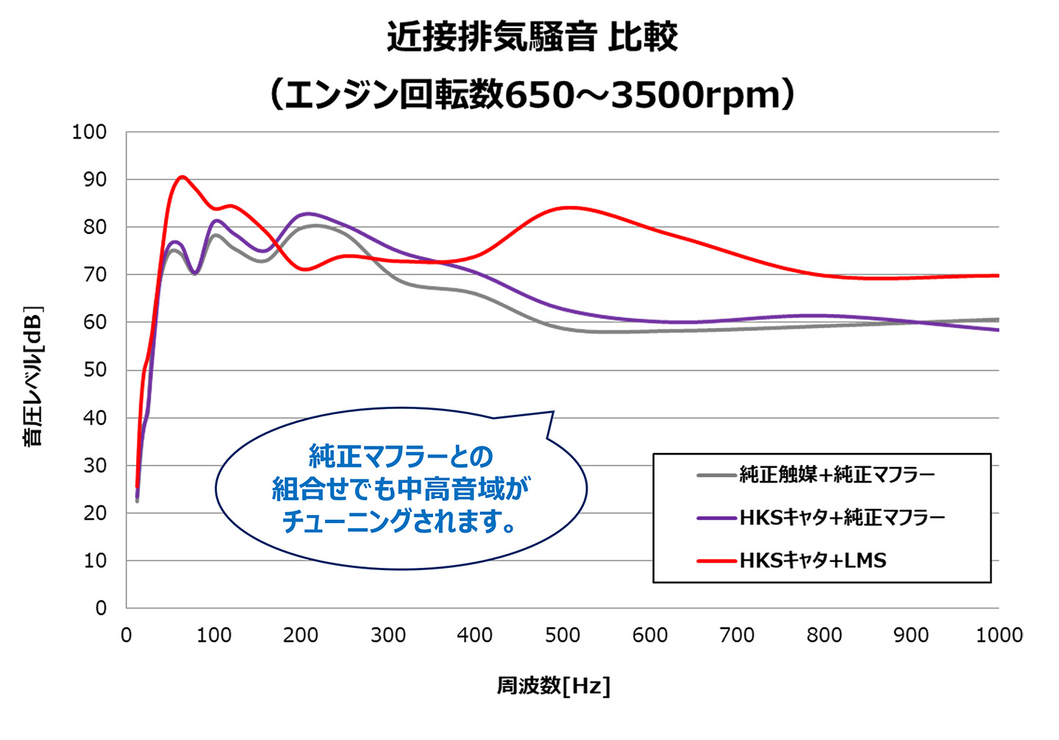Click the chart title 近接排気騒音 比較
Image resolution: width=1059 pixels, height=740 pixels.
click(x=532, y=37)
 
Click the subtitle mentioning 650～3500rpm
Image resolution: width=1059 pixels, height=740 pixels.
click(x=532, y=94)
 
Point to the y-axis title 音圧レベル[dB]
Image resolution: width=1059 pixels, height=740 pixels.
click(x=33, y=376)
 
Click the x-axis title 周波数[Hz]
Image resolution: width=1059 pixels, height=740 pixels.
click(x=553, y=686)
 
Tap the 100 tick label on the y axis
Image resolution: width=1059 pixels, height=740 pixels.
click(x=89, y=132)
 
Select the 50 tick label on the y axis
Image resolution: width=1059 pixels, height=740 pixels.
click(x=94, y=370)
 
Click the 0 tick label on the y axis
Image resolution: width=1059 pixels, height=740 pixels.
click(x=101, y=608)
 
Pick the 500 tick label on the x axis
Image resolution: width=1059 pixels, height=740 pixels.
click(x=563, y=635)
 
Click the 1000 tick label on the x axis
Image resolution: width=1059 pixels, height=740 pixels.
click(x=998, y=635)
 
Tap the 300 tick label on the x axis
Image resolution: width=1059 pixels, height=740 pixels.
click(x=388, y=635)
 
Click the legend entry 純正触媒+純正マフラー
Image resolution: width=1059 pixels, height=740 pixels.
click(x=837, y=474)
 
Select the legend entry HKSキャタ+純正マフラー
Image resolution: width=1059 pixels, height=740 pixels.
click(x=842, y=518)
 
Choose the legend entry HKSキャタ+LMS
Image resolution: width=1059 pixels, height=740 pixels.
click(x=813, y=561)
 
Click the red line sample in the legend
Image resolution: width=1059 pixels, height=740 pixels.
click(x=716, y=561)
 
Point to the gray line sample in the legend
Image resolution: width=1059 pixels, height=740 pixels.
click(x=716, y=475)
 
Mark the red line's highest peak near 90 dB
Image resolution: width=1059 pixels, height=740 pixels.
click(x=182, y=177)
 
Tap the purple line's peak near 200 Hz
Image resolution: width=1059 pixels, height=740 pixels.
click(x=307, y=213)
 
